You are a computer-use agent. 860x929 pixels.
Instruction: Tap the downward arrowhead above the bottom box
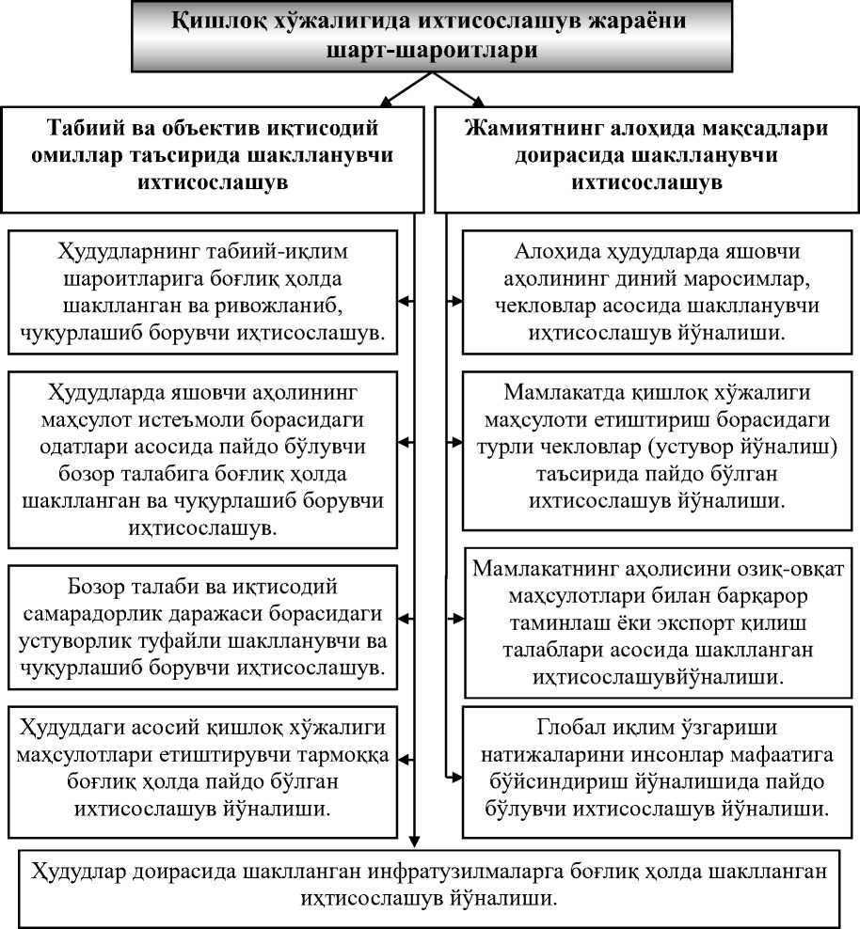(416, 842)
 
